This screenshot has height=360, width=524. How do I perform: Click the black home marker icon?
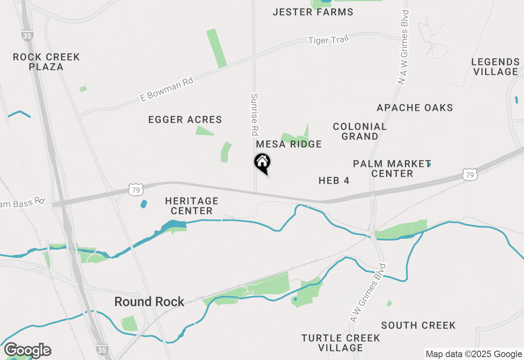pyautogui.click(x=262, y=162)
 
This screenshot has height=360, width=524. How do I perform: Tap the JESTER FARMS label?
pyautogui.click(x=313, y=12)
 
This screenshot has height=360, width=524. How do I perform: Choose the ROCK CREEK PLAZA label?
pyautogui.click(x=46, y=62)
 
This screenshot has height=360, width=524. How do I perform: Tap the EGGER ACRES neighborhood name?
pyautogui.click(x=185, y=120)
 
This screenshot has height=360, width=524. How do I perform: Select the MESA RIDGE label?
pyautogui.click(x=289, y=144)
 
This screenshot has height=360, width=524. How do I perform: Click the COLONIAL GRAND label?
pyautogui.click(x=360, y=131)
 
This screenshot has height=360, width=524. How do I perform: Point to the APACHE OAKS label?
pyautogui.click(x=415, y=108)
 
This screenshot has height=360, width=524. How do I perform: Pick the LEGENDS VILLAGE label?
pyautogui.click(x=495, y=67)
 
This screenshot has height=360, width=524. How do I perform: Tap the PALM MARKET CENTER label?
pyautogui.click(x=392, y=169)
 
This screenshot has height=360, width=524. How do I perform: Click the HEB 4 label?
pyautogui.click(x=334, y=180)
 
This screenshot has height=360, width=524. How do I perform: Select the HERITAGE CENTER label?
pyautogui.click(x=192, y=206)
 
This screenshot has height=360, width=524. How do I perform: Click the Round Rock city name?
pyautogui.click(x=149, y=302)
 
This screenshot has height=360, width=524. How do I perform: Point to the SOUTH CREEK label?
pyautogui.click(x=418, y=326)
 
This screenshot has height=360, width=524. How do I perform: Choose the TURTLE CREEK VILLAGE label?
pyautogui.click(x=341, y=343)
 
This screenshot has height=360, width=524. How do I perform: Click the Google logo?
pyautogui.click(x=27, y=350)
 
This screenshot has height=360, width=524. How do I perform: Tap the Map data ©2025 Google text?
pyautogui.click(x=474, y=354)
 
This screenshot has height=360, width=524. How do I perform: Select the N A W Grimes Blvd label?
pyautogui.click(x=403, y=47)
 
